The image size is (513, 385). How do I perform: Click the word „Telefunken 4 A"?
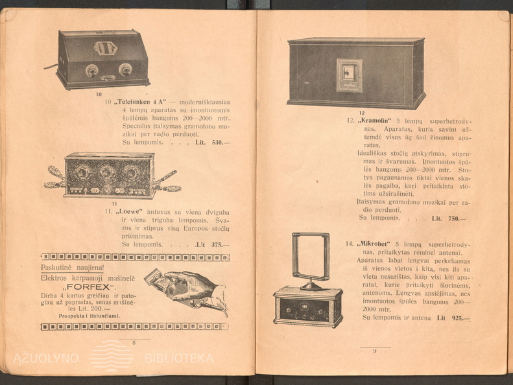[x=141, y=102]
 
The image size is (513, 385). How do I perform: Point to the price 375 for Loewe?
[x=221, y=244]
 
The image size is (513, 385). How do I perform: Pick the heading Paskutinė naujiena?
[x=72, y=268]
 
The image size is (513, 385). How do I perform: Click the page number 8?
[x=134, y=343]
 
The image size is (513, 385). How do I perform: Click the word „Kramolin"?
[x=377, y=121]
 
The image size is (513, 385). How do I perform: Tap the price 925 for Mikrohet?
[x=459, y=318]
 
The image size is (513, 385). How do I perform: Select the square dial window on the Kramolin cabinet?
[x=349, y=74]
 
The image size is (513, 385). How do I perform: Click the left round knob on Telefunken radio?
[x=92, y=70]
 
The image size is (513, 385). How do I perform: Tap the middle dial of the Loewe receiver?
[x=108, y=172]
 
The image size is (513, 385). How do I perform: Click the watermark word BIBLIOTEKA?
[x=179, y=358]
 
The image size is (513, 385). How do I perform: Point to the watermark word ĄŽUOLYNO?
[x=47, y=358]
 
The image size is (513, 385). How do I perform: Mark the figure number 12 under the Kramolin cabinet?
[x=362, y=113]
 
